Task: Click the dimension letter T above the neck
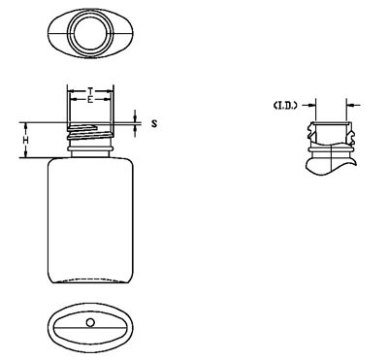click(90, 90)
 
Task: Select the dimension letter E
click(90, 99)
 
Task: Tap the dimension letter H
click(26, 141)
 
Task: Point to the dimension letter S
click(154, 123)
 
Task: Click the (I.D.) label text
click(285, 106)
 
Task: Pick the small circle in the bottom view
click(90, 322)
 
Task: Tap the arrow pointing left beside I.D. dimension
click(353, 105)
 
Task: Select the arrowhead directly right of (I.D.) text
click(311, 105)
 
